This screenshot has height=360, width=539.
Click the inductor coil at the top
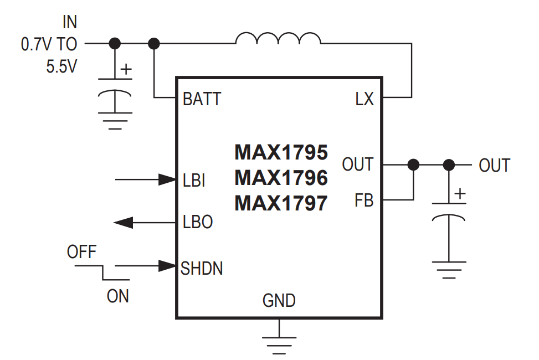[x=278, y=38]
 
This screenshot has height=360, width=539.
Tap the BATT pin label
[x=202, y=99]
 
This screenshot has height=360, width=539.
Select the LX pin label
[x=365, y=99]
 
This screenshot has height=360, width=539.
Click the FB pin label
[x=364, y=200]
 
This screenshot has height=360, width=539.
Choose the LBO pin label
[x=198, y=222]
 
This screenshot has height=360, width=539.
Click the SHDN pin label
[x=202, y=269]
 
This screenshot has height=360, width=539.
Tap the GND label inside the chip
[x=279, y=301]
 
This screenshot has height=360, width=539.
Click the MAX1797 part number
[x=281, y=203]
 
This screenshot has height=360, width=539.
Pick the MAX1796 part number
[x=281, y=178]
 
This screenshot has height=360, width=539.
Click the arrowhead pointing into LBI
[x=167, y=179]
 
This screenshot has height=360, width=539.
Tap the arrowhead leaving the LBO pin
[x=124, y=223]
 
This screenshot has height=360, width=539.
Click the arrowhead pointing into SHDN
[x=167, y=266]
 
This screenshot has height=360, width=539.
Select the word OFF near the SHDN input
[x=81, y=253]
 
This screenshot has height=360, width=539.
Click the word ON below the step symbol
[x=117, y=296]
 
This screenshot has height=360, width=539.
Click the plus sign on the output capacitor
[x=459, y=194]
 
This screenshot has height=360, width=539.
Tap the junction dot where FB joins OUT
[x=413, y=164]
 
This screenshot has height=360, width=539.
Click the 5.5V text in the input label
[x=61, y=66]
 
